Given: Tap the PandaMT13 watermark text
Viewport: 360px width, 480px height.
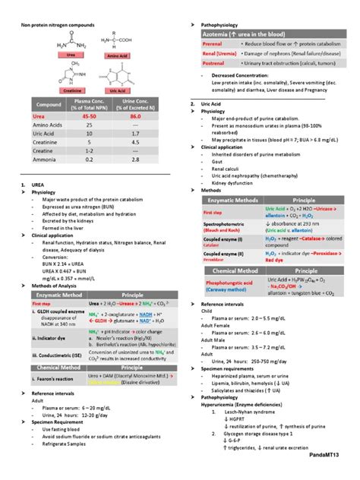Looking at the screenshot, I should coord(332,472).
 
